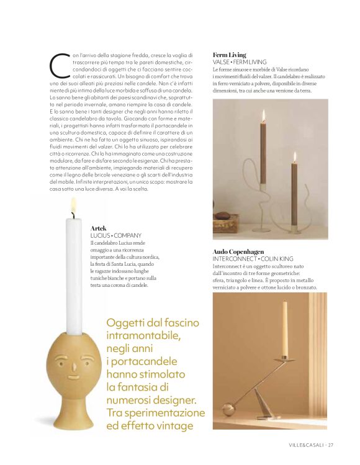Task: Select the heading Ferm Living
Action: (229, 55)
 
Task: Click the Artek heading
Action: (98, 228)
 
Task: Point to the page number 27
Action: (331, 445)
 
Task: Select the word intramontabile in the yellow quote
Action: (143, 336)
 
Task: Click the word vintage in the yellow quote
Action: (176, 426)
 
